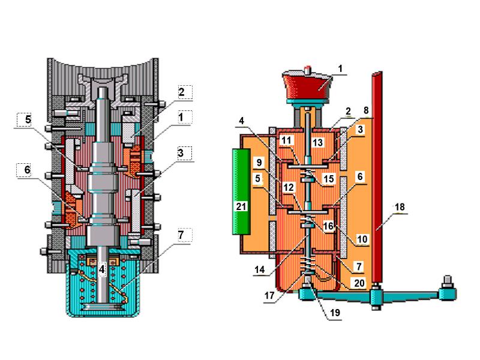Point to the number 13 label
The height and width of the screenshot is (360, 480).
click(317, 142)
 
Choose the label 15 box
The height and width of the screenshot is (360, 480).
click(328, 179)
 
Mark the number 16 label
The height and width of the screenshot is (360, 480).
click(328, 226)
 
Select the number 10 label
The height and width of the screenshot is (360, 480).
click(362, 239)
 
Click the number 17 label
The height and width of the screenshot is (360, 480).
click(269, 295)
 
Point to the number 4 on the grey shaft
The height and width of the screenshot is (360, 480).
click(103, 269)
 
